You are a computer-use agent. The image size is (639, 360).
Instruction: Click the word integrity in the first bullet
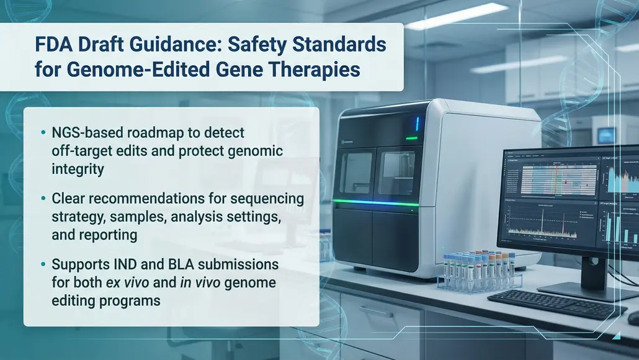(x=78, y=169)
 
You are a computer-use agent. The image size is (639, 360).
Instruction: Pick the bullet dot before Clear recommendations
(x=43, y=199)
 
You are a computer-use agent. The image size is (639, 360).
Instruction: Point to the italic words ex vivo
(x=128, y=282)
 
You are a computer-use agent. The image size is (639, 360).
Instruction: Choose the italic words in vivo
(x=200, y=282)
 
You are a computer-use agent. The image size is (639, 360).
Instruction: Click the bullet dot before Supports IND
(x=43, y=264)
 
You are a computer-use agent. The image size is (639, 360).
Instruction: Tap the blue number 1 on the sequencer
(x=417, y=124)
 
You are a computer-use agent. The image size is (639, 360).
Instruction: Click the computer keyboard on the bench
(x=556, y=304)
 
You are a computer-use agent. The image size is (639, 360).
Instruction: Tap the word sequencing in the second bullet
(x=267, y=199)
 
